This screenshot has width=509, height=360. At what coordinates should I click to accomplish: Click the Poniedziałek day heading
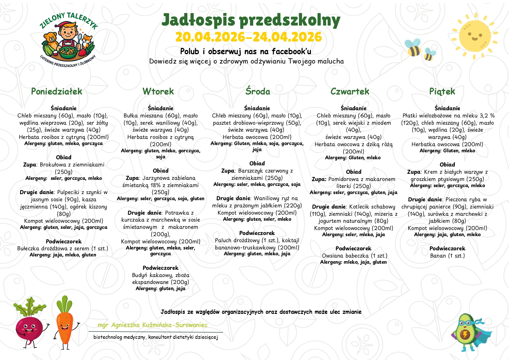pyautogui.click(x=57, y=91)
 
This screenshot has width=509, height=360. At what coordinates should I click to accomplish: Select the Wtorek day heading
pyautogui.click(x=158, y=91)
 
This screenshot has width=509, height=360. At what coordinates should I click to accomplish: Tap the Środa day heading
pyautogui.click(x=258, y=91)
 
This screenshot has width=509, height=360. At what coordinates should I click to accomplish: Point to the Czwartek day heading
pyautogui.click(x=350, y=91)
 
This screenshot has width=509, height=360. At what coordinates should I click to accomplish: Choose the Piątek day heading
pyautogui.click(x=442, y=91)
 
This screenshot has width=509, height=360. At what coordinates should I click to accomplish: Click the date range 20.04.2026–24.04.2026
pyautogui.click(x=249, y=37)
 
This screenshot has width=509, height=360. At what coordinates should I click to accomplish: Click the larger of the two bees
pyautogui.click(x=413, y=48)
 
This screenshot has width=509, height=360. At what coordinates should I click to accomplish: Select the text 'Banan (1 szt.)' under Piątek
pyautogui.click(x=447, y=256)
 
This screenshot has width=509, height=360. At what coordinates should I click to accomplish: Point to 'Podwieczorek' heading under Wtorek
pyautogui.click(x=160, y=268)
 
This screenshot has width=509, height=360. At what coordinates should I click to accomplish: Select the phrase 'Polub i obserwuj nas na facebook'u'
pyautogui.click(x=246, y=52)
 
